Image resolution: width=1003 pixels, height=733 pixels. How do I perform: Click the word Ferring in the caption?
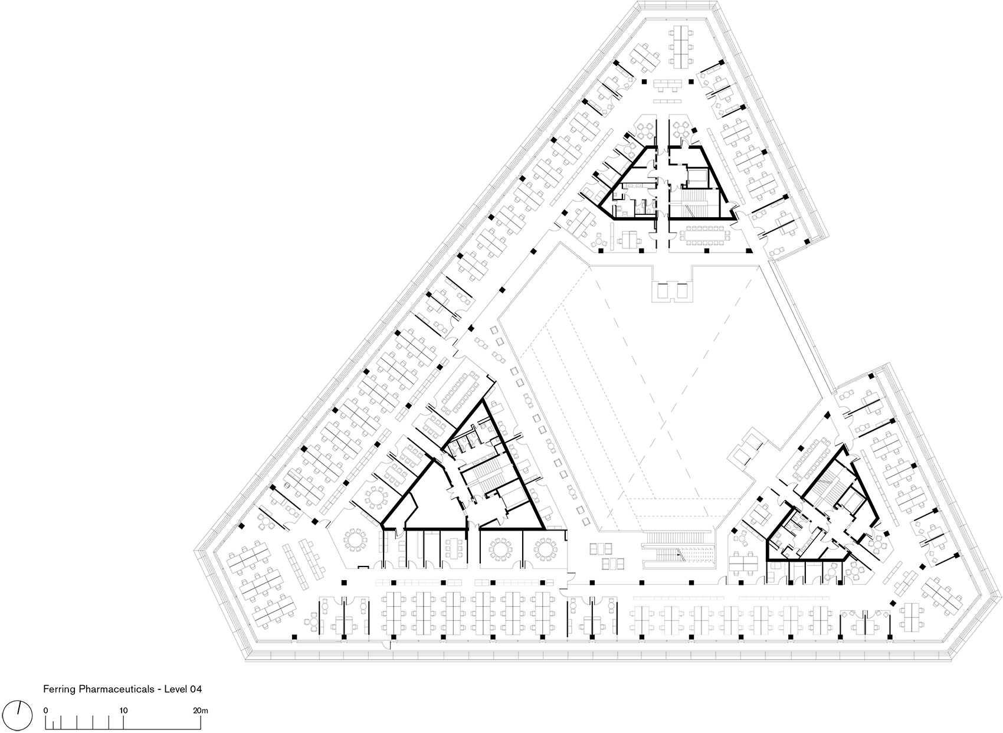click(x=60, y=689)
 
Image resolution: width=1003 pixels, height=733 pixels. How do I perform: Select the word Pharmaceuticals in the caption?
click(x=117, y=689)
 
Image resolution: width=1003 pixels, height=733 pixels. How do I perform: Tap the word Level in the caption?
click(x=176, y=689)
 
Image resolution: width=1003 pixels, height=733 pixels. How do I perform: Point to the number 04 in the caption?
click(x=196, y=689)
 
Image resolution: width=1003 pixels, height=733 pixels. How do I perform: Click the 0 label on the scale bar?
click(x=45, y=711)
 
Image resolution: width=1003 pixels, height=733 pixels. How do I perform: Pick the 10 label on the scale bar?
click(x=123, y=711)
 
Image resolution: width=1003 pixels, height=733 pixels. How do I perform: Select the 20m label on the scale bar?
click(x=201, y=711)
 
